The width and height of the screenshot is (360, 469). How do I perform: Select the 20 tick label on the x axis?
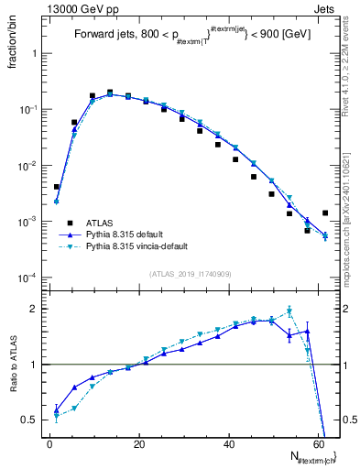pyautogui.click(x=138, y=443)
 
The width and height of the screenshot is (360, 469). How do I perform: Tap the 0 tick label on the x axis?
pyautogui.click(x=49, y=443)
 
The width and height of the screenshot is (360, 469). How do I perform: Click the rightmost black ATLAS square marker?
pyautogui.click(x=325, y=213)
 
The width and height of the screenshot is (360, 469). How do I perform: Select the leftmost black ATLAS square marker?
pyautogui.click(x=57, y=187)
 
